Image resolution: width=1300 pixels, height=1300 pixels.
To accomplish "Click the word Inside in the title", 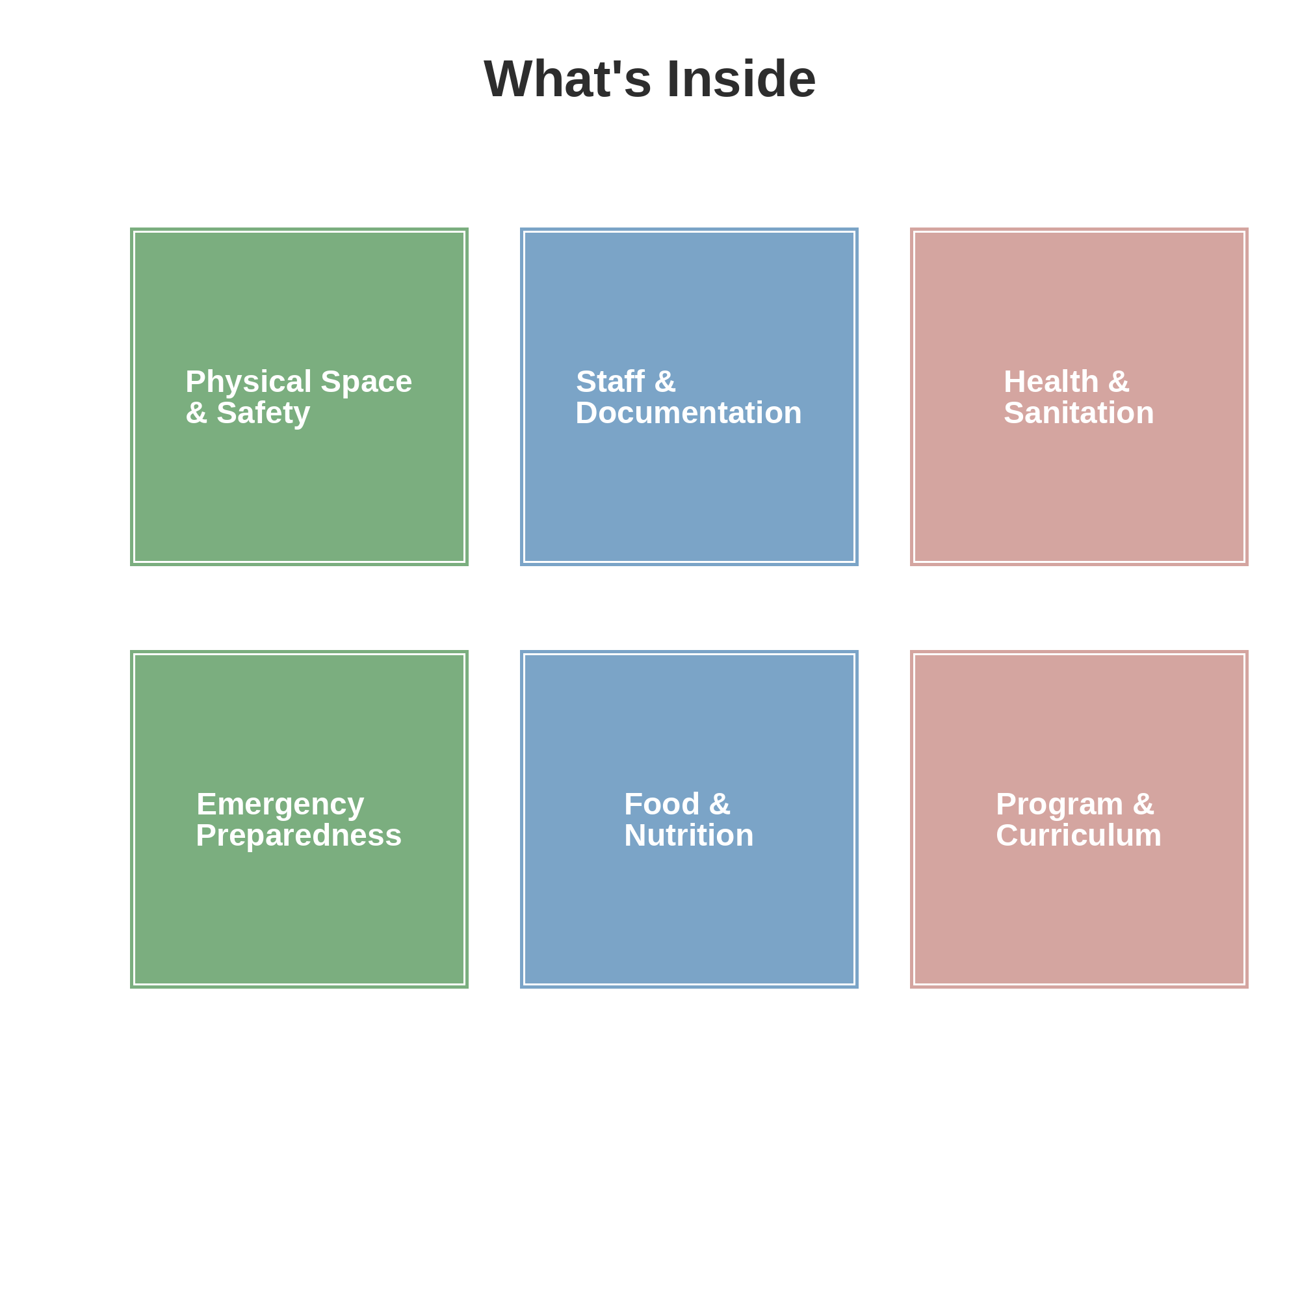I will pos(741,79).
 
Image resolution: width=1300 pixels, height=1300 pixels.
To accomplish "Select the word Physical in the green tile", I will pos(248,382).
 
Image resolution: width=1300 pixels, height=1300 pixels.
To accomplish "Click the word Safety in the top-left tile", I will pos(263,413).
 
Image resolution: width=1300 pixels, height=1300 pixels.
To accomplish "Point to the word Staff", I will pos(610,382).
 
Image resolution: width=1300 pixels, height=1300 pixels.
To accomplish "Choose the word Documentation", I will pos(688,413).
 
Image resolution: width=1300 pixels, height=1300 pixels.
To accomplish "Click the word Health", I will pos(1051,382).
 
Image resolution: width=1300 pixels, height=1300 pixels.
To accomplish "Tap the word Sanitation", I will pos(1078,413).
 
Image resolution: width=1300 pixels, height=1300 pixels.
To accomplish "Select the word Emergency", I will pos(280,804).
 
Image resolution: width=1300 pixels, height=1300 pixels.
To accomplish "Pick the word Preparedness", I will pos(299,835).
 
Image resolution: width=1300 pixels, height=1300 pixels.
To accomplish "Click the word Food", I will pos(662,804).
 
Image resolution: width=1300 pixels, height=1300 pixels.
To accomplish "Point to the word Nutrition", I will pos(688,835).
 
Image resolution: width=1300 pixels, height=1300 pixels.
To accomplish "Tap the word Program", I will pos(1059,804).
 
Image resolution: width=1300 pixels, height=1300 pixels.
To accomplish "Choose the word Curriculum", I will pos(1078,835).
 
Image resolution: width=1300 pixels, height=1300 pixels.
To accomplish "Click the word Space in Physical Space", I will pos(366,382).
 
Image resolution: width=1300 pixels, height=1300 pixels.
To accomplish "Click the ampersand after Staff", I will pos(665,382).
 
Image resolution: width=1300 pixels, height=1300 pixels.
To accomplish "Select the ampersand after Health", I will pos(1118,382).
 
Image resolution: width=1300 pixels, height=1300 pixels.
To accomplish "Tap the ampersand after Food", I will pos(720,804).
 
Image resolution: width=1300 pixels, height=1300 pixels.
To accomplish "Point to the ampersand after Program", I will pos(1143,804).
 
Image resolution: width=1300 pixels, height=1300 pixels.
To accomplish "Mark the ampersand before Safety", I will pos(196,413).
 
